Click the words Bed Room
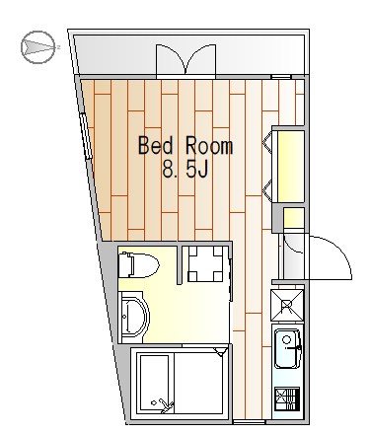pos(185,147)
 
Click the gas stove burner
pos(289,399)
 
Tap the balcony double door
pos(185,58)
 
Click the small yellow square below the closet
pos(293,218)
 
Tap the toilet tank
pos(125,265)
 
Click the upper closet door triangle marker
pos(268,144)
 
